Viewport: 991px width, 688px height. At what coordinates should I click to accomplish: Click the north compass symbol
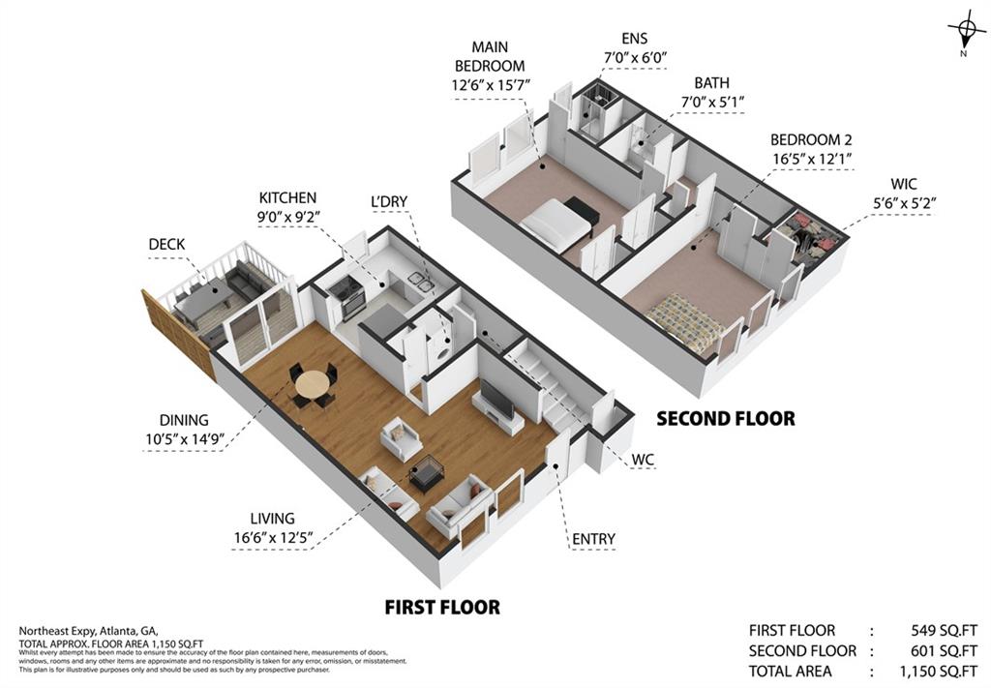click(x=965, y=35)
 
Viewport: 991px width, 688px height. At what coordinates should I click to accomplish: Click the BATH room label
click(x=711, y=84)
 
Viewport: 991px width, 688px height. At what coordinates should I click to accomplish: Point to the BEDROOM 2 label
click(x=811, y=140)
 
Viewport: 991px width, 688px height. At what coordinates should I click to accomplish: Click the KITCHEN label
click(x=287, y=197)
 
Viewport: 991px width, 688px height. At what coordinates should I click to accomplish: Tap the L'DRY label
click(x=389, y=201)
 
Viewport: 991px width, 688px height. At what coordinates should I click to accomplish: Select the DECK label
click(x=166, y=245)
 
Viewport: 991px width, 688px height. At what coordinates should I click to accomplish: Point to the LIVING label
click(x=271, y=519)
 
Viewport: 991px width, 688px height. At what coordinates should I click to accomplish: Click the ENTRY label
click(x=593, y=539)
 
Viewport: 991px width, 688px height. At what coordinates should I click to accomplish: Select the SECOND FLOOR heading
click(x=726, y=419)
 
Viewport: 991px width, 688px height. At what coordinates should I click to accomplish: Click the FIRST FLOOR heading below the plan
click(x=442, y=608)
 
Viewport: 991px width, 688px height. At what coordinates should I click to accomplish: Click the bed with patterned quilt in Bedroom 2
click(x=685, y=322)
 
